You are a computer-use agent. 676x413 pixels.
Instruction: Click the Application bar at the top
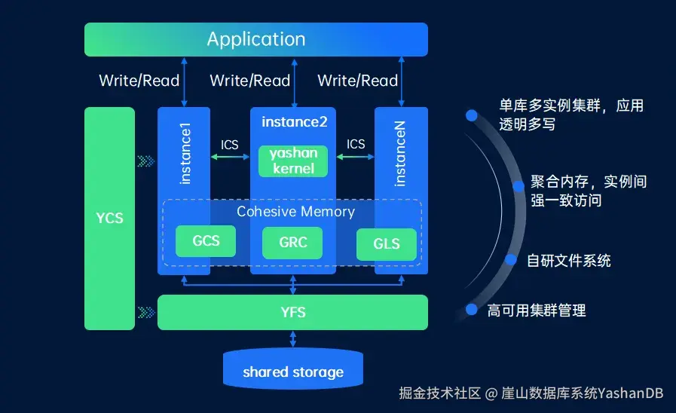click(x=256, y=39)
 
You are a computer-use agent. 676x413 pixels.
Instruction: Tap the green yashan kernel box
click(x=293, y=161)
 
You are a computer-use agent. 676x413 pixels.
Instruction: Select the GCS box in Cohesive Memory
click(x=206, y=241)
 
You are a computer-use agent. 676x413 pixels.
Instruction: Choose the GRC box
click(x=292, y=243)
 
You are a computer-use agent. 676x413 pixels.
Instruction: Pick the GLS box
click(x=387, y=244)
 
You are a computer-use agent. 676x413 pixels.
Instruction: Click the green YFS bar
click(x=292, y=312)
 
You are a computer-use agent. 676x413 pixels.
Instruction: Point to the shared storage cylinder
click(x=293, y=369)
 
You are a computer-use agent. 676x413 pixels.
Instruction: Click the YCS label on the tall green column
click(x=109, y=218)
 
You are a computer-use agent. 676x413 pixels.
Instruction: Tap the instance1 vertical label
click(x=185, y=154)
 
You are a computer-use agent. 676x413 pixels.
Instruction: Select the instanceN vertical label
click(x=400, y=154)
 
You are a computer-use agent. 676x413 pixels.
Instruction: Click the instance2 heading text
click(x=295, y=122)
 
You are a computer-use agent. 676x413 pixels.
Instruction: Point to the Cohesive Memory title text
click(x=295, y=212)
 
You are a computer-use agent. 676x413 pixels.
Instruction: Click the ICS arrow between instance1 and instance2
click(x=230, y=157)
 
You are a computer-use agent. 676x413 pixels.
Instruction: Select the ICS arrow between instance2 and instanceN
click(x=355, y=157)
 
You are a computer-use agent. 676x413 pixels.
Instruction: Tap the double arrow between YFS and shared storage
click(x=293, y=339)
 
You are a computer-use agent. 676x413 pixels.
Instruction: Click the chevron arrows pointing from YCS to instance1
click(x=146, y=161)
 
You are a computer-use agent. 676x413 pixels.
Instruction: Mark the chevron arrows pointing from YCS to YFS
click(x=146, y=313)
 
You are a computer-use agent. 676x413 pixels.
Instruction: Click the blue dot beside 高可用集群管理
click(x=472, y=310)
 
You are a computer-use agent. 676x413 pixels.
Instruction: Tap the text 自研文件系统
click(x=569, y=261)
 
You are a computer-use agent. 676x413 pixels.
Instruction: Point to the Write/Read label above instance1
click(x=139, y=81)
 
